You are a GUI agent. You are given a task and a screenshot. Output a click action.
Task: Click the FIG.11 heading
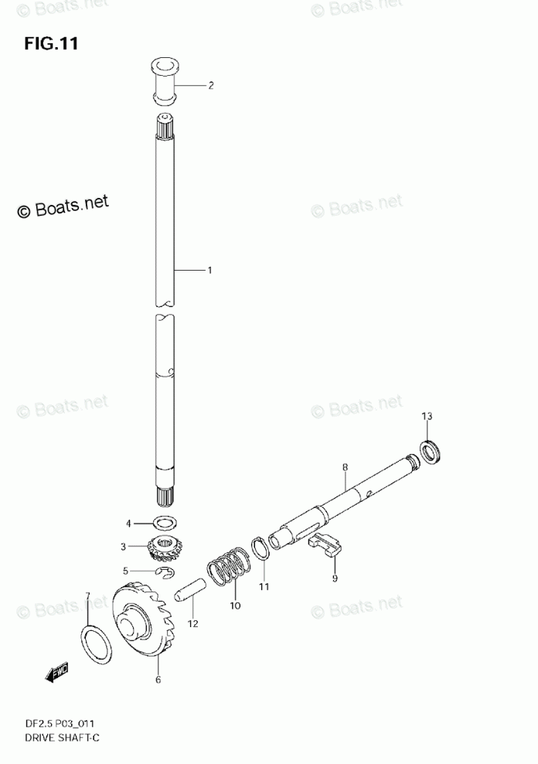[51, 44]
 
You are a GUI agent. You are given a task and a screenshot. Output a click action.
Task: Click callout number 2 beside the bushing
[211, 86]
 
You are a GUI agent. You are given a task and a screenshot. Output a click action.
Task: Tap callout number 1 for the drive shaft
[209, 270]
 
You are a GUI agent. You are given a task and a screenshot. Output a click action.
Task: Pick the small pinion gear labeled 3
[164, 547]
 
